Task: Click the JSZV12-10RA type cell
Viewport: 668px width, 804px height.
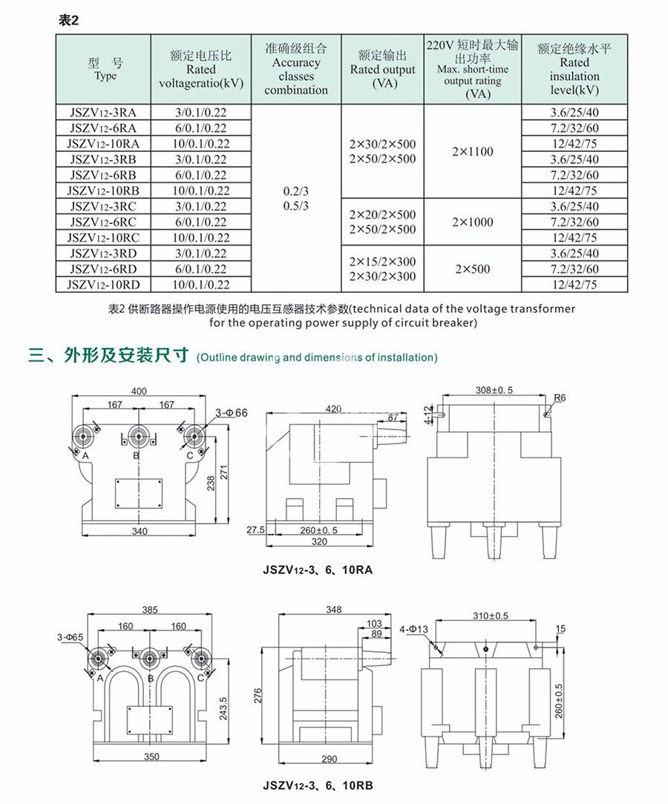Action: click(103, 144)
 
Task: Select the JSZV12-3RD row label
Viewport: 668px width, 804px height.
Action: click(103, 253)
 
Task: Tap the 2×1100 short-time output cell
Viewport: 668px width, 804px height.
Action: click(472, 151)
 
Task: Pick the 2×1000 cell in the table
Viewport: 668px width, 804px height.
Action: click(472, 222)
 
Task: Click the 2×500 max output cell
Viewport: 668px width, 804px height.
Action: click(472, 268)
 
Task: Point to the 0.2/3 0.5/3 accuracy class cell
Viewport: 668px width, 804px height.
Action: click(296, 198)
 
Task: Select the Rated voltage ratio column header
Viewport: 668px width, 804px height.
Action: click(201, 69)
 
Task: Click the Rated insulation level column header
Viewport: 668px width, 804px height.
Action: click(574, 69)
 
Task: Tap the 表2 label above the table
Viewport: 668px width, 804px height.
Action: click(68, 21)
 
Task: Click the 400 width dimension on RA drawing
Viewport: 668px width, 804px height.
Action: click(139, 390)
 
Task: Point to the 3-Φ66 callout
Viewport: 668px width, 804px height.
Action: click(231, 412)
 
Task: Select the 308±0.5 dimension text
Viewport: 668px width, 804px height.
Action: click(494, 389)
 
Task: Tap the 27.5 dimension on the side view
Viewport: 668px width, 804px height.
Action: click(255, 530)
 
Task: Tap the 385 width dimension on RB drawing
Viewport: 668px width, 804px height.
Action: click(150, 610)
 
